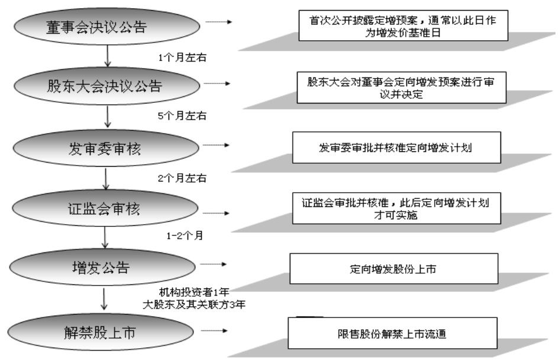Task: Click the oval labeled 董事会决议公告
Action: pos(106,28)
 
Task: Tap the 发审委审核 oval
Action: pos(106,150)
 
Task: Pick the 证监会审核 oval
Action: pos(106,210)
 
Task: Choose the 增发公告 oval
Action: pos(106,269)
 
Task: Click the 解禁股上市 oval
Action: pos(106,333)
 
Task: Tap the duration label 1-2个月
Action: pos(185,235)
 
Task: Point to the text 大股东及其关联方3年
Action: pos(195,305)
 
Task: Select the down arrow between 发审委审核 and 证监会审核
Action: pos(106,179)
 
